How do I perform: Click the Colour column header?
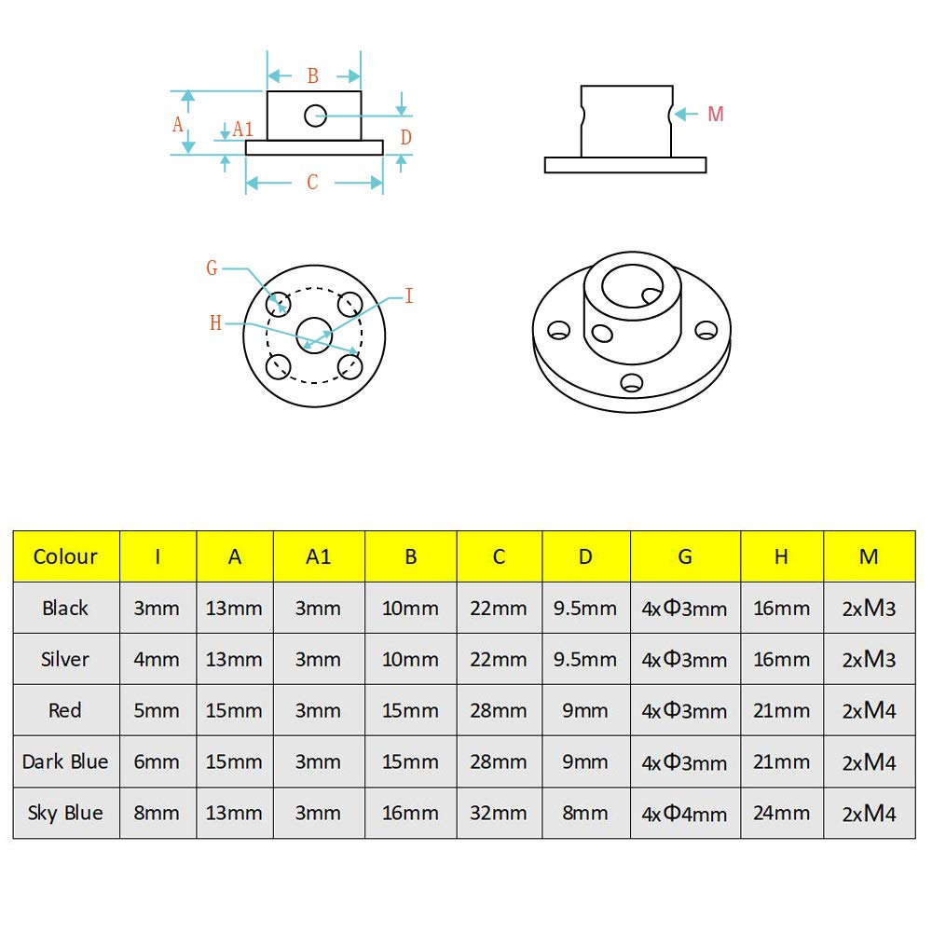click(65, 557)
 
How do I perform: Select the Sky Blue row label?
click(65, 813)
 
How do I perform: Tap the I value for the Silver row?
click(157, 659)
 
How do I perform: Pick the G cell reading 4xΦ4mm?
click(684, 814)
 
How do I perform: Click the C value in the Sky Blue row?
click(499, 813)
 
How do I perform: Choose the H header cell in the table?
click(781, 557)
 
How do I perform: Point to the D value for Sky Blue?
click(585, 813)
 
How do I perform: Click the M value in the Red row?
click(869, 710)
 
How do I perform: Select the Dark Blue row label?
click(65, 761)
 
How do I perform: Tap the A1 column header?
click(318, 557)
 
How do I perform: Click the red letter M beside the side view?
click(715, 115)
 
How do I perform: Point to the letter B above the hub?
click(313, 75)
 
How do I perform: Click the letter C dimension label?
click(312, 183)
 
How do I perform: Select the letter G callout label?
click(212, 268)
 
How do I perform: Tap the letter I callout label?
click(408, 296)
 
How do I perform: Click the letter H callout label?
click(216, 323)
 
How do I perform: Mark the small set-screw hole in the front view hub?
click(314, 116)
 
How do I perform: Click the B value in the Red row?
click(410, 710)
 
